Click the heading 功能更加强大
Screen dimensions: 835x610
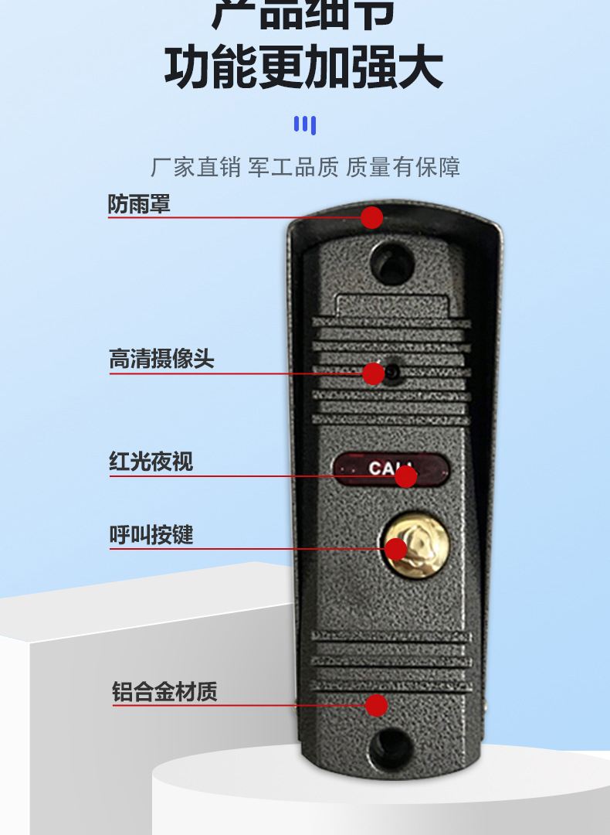(303, 68)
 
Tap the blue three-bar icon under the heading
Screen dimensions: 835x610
(305, 124)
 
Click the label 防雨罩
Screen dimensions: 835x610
(138, 205)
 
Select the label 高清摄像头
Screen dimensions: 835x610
(161, 360)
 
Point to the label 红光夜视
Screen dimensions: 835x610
(151, 462)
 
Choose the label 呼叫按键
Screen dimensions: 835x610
(151, 535)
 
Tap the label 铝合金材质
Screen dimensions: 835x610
(164, 691)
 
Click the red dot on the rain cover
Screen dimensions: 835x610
(372, 217)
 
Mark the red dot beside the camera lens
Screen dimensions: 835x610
(374, 374)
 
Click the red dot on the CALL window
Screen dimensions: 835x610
(406, 476)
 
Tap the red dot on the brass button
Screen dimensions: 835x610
(396, 549)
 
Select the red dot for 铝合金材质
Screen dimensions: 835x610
(376, 705)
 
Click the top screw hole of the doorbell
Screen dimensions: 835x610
(391, 261)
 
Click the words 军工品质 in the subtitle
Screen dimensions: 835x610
(293, 167)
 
